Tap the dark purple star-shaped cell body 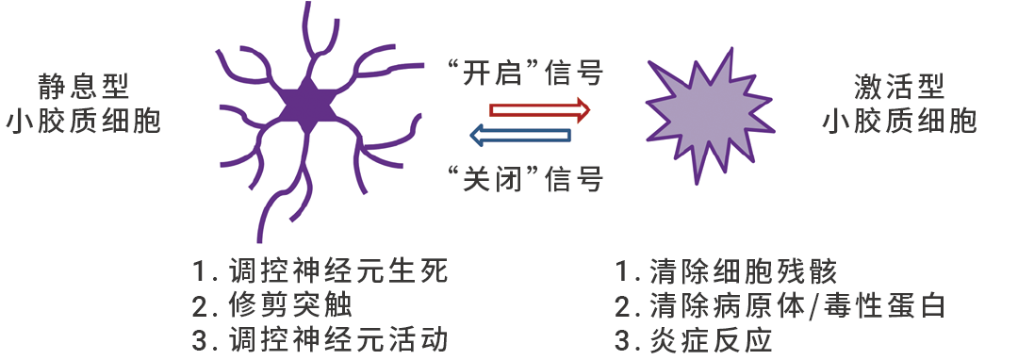pyautogui.click(x=307, y=103)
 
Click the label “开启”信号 pyautogui.click(x=524, y=73)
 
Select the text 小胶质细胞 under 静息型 pyautogui.click(x=84, y=122)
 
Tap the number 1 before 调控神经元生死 pyautogui.click(x=199, y=272)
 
